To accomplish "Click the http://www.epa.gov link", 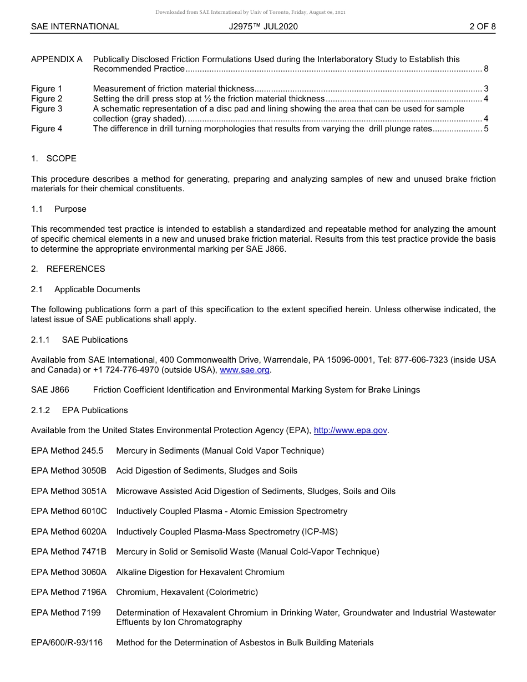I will [350, 430].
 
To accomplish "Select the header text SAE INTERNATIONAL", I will [75, 27].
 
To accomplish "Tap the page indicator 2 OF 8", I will [482, 27].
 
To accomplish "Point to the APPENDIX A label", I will [57, 59].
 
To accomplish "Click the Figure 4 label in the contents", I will [47, 129].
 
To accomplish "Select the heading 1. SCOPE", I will [54, 159].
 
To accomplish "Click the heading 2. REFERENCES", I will [68, 269].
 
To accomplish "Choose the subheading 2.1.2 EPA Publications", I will [79, 410].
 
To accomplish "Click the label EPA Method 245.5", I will [67, 451].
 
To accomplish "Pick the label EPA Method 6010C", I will [69, 511].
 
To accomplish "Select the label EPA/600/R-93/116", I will [67, 643].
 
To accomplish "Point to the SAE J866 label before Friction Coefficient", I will [50, 390].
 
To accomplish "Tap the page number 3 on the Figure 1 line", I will [486, 89].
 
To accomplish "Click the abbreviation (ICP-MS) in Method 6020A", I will [320, 532].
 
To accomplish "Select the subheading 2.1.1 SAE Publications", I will [79, 340].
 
